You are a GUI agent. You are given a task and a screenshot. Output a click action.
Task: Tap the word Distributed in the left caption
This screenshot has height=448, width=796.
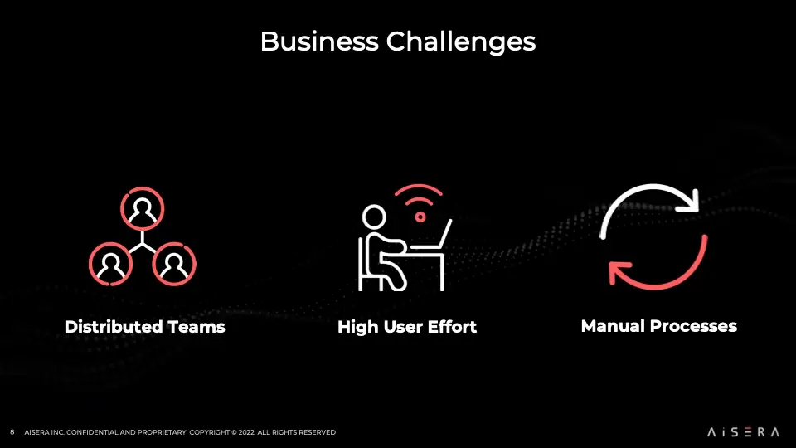114,327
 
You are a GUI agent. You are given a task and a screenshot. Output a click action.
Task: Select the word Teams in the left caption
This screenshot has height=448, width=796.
197,327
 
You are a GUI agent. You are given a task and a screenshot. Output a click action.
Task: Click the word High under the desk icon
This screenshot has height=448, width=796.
357,327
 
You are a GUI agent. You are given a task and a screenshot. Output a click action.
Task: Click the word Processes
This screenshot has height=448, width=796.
695,326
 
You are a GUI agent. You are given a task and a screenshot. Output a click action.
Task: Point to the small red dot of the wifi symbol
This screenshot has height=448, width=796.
420,217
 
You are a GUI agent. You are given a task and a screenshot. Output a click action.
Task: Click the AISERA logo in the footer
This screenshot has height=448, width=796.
744,432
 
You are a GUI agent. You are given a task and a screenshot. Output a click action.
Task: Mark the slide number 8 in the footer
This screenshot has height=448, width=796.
12,432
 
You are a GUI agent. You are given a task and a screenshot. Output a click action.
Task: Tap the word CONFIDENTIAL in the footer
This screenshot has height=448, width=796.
94,432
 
